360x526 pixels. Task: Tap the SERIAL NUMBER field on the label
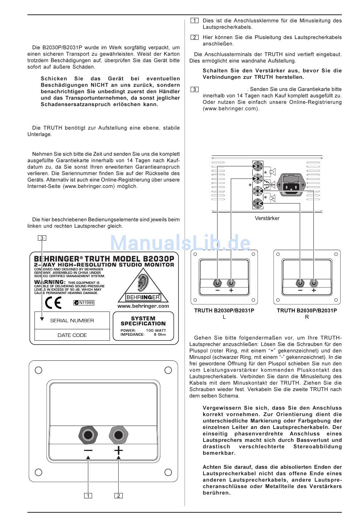pos(72,321)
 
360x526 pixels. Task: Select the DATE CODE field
pos(72,335)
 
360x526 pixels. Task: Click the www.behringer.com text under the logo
pos(143,306)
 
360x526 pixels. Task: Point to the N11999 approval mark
pos(84,303)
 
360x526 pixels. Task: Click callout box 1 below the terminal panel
pos(88,496)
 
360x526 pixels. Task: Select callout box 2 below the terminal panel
pos(119,496)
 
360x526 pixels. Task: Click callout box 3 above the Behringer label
pos(42,238)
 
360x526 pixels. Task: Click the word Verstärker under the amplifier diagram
pos(267,218)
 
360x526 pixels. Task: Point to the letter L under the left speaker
pos(224,317)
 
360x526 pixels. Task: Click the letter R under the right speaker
pos(307,317)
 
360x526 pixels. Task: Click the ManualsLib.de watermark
pos(180,243)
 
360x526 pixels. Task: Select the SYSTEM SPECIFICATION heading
pos(143,321)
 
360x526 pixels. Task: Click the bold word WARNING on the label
pos(50,282)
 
